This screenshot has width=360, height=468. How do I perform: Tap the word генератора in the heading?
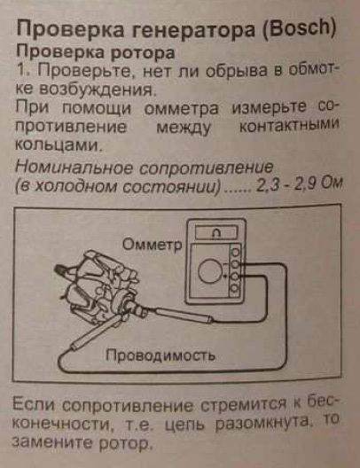point(192,29)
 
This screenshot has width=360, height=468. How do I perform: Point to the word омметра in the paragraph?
point(181,109)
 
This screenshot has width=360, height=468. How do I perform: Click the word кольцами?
point(57,144)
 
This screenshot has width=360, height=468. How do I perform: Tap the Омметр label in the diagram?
point(152,245)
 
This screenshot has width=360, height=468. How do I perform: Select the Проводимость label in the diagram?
point(160,355)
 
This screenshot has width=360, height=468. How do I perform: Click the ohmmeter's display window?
point(216,232)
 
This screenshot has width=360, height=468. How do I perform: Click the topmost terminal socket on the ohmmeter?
point(236,252)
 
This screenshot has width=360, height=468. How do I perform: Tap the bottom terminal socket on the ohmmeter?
point(236,289)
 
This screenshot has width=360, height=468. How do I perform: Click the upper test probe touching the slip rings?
point(182,315)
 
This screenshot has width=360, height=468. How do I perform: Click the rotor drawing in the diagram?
point(98,288)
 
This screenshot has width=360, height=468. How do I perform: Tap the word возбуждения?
point(98,90)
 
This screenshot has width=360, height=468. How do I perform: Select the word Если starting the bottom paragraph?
point(34,405)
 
